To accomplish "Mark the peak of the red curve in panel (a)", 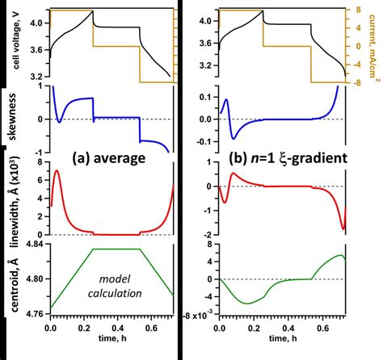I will [x=56, y=171].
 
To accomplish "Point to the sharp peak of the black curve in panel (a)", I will [x=92, y=10].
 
